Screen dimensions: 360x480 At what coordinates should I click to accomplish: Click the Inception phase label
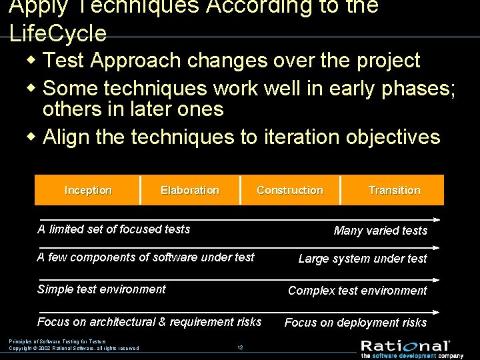(x=88, y=191)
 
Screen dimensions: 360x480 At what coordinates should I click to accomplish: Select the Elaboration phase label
(x=189, y=191)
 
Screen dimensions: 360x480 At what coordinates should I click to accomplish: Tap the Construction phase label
(x=290, y=191)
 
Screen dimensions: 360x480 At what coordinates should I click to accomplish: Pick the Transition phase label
(x=394, y=191)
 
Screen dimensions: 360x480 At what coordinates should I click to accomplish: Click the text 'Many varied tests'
(x=380, y=231)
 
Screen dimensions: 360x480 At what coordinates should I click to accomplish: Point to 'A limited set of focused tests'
(x=113, y=229)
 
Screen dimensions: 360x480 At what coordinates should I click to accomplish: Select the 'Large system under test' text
(x=363, y=259)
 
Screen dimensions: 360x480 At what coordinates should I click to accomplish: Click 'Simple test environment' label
(x=101, y=289)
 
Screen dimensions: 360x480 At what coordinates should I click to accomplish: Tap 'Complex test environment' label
(x=357, y=291)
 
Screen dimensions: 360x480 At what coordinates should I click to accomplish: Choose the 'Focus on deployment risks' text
(x=355, y=323)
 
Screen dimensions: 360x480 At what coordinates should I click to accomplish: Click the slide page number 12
(x=239, y=347)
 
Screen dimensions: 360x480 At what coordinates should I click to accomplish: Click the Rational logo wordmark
(x=405, y=345)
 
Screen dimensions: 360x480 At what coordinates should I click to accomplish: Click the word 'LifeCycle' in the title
(x=58, y=33)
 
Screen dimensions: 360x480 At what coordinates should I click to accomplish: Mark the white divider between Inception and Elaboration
(x=141, y=190)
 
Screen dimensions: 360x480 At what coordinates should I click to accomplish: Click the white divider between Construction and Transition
(x=341, y=190)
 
